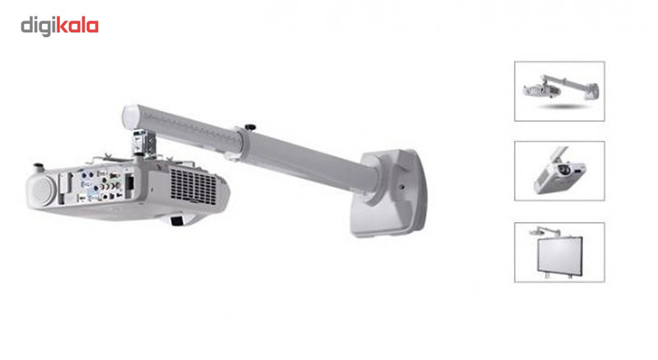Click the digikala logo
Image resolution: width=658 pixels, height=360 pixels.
(59, 25)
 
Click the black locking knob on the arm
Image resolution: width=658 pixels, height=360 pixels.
(250, 125)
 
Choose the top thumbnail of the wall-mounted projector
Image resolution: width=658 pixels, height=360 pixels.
(559, 91)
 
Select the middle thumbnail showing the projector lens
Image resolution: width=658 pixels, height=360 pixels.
(559, 171)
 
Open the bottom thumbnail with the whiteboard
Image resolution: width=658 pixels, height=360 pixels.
(559, 252)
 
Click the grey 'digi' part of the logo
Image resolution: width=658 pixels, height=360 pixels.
(38, 25)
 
